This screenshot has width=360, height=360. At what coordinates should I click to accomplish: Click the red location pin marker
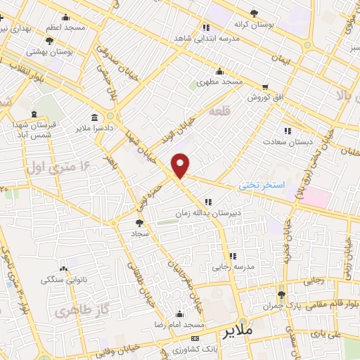click(181, 165)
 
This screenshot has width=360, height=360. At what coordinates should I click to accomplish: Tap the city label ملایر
click(236, 330)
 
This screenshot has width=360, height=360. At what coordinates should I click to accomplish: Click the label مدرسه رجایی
click(232, 267)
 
